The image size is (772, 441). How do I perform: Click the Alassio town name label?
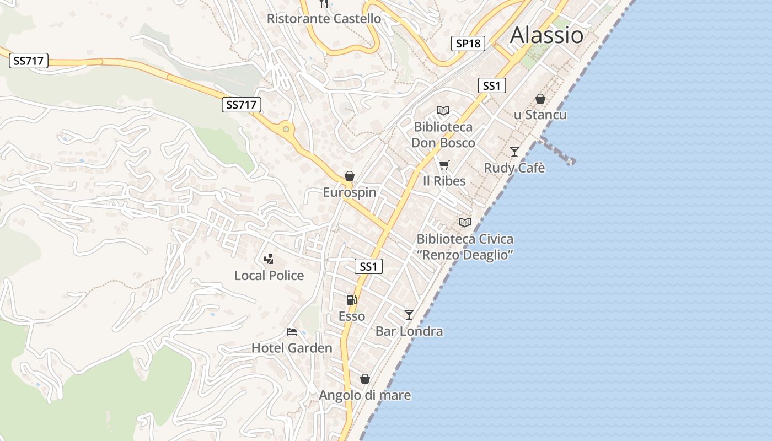pyautogui.click(x=546, y=35)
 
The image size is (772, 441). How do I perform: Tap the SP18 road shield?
pyautogui.click(x=468, y=43)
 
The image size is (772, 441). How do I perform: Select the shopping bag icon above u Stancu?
pyautogui.click(x=540, y=99)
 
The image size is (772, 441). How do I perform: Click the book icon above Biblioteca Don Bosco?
pyautogui.click(x=443, y=111)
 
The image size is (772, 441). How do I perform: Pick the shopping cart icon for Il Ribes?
pyautogui.click(x=444, y=165)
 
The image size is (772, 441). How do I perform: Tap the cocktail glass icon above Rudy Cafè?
pyautogui.click(x=514, y=151)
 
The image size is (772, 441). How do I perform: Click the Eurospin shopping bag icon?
pyautogui.click(x=349, y=176)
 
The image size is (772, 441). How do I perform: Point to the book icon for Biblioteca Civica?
pyautogui.click(x=465, y=222)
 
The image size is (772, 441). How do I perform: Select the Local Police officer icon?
pyautogui.click(x=269, y=259)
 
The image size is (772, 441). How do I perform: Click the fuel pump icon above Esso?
pyautogui.click(x=351, y=300)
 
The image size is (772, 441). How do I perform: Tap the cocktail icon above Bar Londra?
pyautogui.click(x=409, y=315)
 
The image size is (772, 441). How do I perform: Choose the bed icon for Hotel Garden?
pyautogui.click(x=292, y=332)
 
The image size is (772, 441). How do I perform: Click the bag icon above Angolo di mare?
pyautogui.click(x=364, y=379)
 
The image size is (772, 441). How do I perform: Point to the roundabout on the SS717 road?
pyautogui.click(x=286, y=130)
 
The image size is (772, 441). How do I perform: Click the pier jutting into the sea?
pyautogui.click(x=557, y=150)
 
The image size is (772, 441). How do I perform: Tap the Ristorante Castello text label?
pyautogui.click(x=324, y=19)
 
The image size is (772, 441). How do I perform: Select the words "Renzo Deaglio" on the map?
pyautogui.click(x=465, y=255)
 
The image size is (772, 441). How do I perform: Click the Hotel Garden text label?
pyautogui.click(x=292, y=348)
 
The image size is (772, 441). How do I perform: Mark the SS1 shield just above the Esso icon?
pyautogui.click(x=368, y=267)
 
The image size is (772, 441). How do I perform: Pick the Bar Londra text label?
pyautogui.click(x=409, y=331)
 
